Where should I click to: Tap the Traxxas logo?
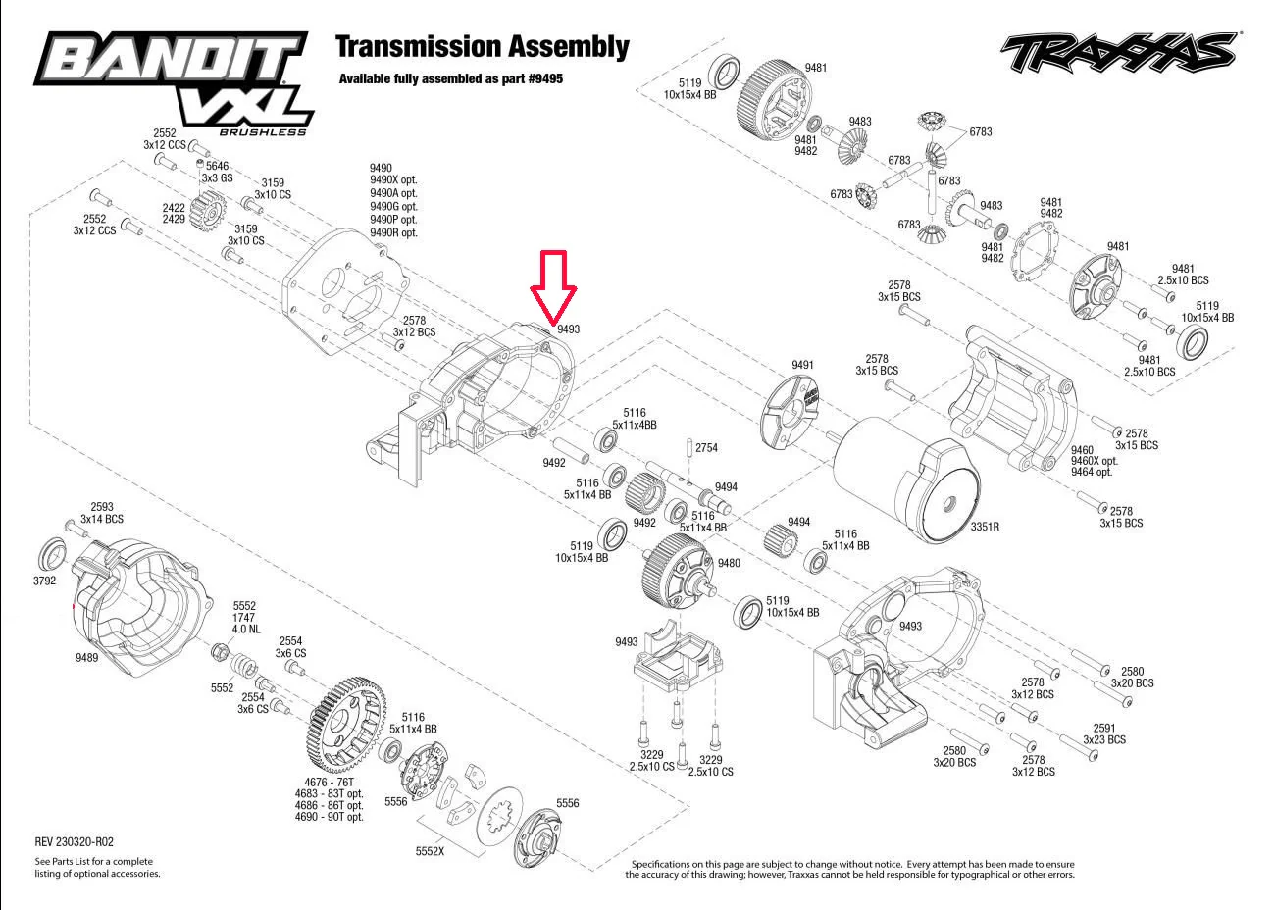tap(1119, 52)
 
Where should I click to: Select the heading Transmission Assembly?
tap(483, 46)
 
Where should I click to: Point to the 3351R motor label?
tap(985, 527)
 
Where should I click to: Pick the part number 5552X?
tap(430, 851)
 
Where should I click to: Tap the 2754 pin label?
tap(706, 448)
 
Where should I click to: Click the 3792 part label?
tap(44, 581)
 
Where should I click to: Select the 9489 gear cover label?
tap(86, 657)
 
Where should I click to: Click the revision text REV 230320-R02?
tap(74, 841)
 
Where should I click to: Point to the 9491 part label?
tap(802, 365)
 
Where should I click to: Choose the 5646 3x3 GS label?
tap(217, 172)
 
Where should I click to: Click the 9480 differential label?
tap(729, 563)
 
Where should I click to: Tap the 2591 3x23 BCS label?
tap(1104, 733)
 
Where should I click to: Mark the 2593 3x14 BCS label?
tap(102, 513)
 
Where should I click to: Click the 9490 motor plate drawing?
tap(344, 289)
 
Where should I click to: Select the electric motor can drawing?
tap(906, 479)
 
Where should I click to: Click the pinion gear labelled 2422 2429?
tap(208, 211)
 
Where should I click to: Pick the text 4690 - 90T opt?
tap(329, 817)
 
